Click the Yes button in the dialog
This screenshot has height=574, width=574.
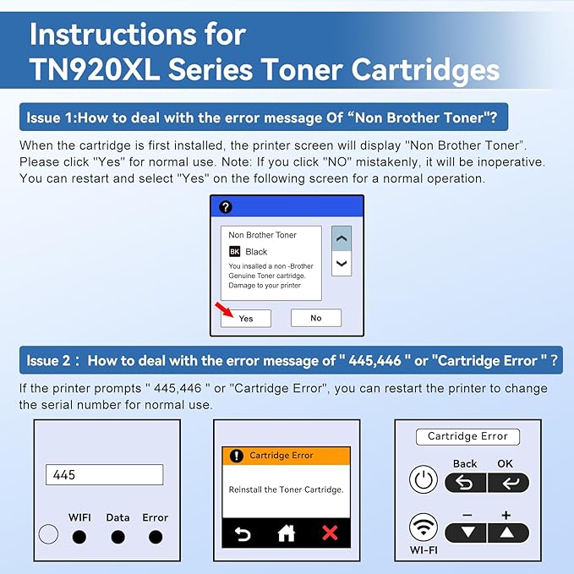click(x=245, y=319)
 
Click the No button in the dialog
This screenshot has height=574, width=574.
click(x=315, y=318)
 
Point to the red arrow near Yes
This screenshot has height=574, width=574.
click(x=221, y=308)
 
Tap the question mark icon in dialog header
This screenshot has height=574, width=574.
click(x=225, y=207)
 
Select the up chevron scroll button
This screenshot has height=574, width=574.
click(x=341, y=239)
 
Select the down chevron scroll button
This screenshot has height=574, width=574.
click(x=341, y=264)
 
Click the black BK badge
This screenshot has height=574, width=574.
click(x=235, y=252)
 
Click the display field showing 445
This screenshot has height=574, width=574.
click(x=104, y=474)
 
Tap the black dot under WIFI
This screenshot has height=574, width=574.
click(x=79, y=537)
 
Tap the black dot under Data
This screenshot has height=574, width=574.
click(x=118, y=537)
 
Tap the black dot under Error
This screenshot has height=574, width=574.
click(x=156, y=537)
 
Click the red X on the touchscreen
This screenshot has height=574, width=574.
click(x=330, y=533)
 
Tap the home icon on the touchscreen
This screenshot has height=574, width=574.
click(x=287, y=533)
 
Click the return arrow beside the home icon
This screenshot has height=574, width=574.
click(x=243, y=533)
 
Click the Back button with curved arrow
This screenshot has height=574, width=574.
click(x=466, y=483)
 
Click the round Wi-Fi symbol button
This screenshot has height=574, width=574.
click(x=423, y=528)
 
